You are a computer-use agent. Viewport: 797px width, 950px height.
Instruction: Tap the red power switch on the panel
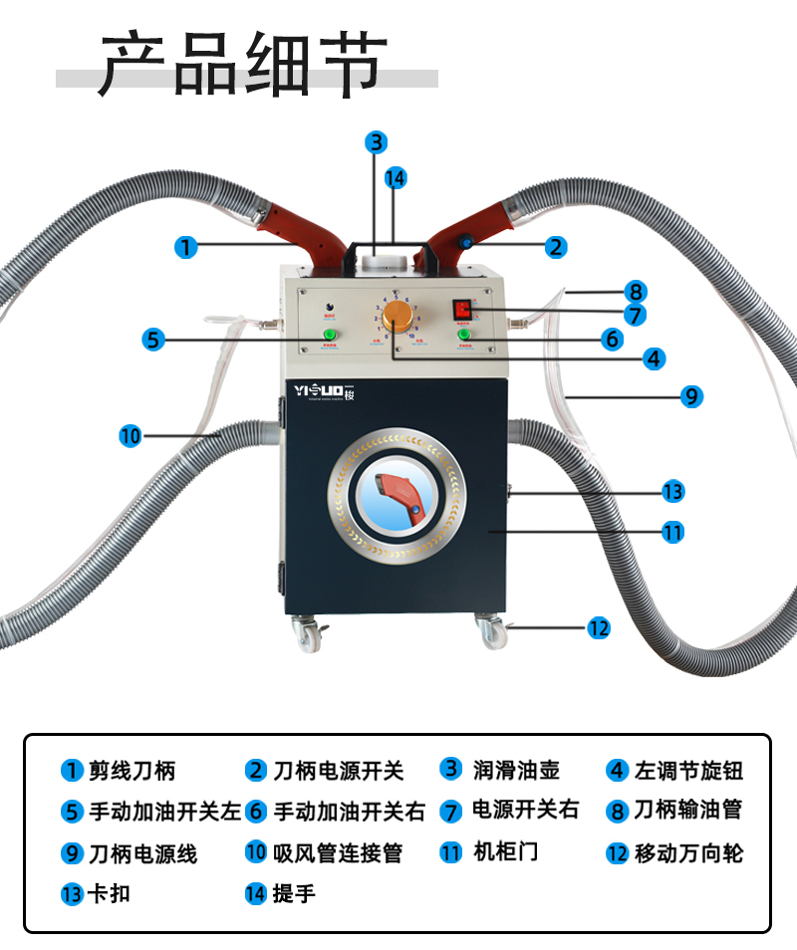[x=462, y=309]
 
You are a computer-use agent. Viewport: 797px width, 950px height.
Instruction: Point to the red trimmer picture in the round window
[x=397, y=495]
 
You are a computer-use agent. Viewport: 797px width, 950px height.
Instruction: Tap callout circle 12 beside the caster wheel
[x=597, y=628]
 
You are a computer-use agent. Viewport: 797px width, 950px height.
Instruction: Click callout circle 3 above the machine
[x=375, y=142]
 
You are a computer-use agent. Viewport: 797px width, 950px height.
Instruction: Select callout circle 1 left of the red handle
[x=185, y=246]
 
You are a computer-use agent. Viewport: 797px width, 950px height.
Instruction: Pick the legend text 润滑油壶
[x=516, y=770]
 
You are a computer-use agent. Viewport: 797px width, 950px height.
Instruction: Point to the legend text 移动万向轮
[x=688, y=853]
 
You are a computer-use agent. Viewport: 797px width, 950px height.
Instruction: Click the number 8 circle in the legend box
[x=618, y=812]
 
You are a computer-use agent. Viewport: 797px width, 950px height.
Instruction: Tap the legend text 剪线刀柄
[x=132, y=771]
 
